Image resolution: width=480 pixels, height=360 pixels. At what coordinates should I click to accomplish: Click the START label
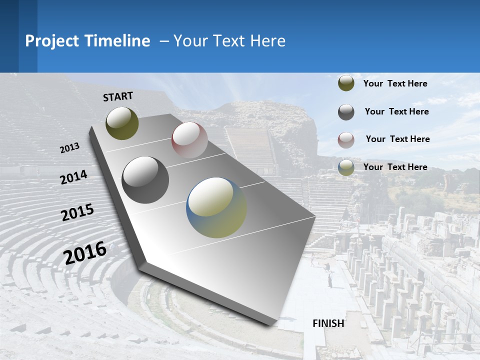[118, 96]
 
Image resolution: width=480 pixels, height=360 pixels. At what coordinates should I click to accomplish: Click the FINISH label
[328, 323]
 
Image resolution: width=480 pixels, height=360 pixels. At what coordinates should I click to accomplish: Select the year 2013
[69, 148]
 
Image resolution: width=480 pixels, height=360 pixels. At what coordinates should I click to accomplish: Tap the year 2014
[73, 177]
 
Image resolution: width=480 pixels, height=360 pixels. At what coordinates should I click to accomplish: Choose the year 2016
[85, 253]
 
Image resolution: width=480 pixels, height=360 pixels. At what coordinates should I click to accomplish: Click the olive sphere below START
[122, 123]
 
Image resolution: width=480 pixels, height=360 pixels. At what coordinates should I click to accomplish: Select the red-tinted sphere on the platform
[189, 140]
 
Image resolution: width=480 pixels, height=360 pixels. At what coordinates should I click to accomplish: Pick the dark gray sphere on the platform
[145, 180]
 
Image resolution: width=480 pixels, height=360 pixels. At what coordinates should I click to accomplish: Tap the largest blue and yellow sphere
[216, 207]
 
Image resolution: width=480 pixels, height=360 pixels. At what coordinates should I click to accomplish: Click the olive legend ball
[346, 83]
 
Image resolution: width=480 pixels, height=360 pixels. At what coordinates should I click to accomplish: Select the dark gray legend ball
[346, 112]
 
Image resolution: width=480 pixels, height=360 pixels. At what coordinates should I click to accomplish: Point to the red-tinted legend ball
[346, 140]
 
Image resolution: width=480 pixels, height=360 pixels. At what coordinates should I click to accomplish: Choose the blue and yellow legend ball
[346, 167]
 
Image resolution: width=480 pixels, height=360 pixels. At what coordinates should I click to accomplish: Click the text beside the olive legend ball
[395, 83]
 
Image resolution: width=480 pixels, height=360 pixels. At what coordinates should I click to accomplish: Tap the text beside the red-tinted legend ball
[397, 139]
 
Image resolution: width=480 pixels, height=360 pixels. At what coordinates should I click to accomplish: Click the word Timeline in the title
[117, 41]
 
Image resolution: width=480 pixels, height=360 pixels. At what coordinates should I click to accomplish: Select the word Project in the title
[52, 41]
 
